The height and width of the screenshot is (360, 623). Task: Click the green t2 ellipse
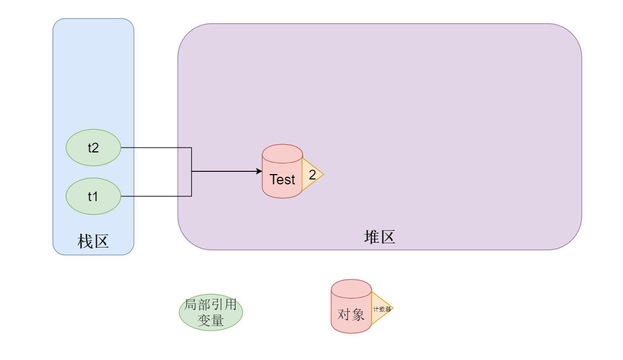point(93,148)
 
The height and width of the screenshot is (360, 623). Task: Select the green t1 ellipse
point(93,196)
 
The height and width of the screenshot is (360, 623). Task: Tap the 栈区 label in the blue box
point(93,241)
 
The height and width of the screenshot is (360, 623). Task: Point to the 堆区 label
point(379,237)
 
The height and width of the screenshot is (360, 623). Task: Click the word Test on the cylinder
point(282,179)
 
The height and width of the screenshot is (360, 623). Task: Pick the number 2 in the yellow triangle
point(312,175)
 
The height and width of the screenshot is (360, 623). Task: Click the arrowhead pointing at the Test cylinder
point(259,171)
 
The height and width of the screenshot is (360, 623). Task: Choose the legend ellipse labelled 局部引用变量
point(211,312)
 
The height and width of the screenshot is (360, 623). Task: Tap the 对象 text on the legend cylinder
point(351,315)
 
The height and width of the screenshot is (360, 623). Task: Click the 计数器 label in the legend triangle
point(381,309)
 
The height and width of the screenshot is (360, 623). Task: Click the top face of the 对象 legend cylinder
point(351,287)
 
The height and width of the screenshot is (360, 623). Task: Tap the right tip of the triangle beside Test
point(323,174)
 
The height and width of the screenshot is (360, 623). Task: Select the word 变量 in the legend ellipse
point(211,320)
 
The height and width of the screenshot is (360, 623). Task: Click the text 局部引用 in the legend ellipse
point(211,305)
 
